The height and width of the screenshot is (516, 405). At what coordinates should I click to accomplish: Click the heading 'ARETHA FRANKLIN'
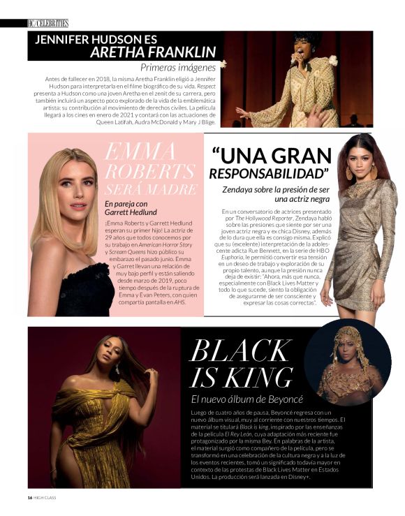(153, 52)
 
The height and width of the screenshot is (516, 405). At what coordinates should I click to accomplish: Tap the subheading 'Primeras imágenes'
(178, 68)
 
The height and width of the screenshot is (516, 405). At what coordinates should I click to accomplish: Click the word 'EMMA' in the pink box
(140, 149)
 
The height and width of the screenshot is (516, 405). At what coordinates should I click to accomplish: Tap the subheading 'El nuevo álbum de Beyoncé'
(248, 399)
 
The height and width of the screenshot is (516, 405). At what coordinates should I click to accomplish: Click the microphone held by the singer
(293, 57)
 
